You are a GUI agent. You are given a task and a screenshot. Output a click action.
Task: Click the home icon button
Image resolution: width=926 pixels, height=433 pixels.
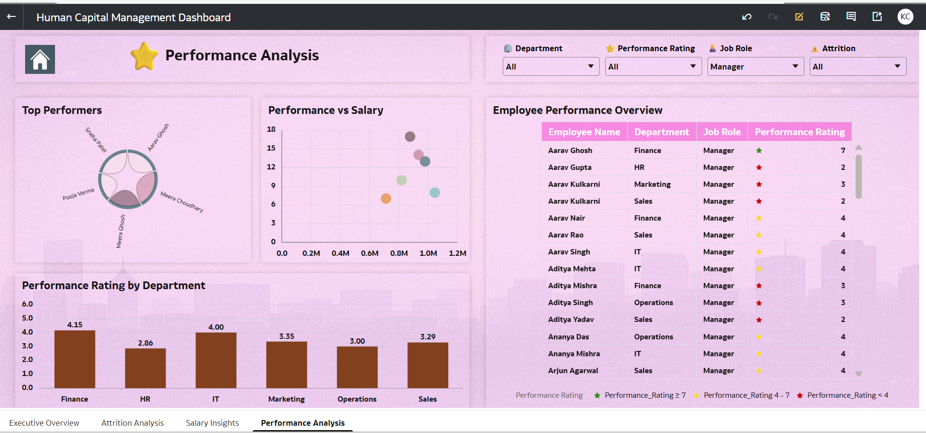(40, 59)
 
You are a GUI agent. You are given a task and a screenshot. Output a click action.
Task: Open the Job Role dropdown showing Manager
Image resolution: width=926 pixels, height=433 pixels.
(755, 67)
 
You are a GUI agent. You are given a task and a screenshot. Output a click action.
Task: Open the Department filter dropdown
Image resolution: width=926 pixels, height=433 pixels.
(551, 67)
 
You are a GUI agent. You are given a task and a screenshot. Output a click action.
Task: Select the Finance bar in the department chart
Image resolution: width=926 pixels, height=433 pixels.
(75, 359)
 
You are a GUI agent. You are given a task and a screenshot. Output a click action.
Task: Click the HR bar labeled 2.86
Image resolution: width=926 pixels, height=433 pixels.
(145, 368)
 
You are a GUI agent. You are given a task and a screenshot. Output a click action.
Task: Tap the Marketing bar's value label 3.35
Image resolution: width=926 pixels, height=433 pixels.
(287, 336)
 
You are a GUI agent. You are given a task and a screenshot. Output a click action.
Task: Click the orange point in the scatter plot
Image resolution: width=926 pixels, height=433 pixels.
(386, 198)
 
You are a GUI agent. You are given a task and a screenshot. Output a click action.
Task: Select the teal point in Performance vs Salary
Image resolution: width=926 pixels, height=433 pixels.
(435, 193)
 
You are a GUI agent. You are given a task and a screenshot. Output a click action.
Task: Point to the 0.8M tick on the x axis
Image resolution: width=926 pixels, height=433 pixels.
(399, 253)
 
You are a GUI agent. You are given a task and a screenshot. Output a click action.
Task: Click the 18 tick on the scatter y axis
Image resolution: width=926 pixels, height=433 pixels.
(271, 129)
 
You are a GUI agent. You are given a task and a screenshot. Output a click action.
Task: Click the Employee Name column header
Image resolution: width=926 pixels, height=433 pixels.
(584, 132)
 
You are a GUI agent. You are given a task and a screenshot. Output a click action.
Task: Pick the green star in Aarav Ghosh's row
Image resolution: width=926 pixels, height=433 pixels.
(759, 151)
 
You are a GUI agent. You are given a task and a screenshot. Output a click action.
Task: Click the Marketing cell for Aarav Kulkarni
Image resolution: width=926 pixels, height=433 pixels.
(652, 184)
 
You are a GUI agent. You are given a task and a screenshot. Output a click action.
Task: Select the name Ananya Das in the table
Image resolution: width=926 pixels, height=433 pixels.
(568, 337)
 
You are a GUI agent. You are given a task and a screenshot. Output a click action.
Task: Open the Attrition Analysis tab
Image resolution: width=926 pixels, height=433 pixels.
(132, 423)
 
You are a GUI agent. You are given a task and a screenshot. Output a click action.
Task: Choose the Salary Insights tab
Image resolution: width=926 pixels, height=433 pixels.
(212, 423)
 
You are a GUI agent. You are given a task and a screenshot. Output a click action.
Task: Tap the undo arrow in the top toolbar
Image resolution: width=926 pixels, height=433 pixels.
(746, 17)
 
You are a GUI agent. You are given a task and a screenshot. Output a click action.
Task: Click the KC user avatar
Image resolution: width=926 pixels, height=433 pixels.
(905, 17)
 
